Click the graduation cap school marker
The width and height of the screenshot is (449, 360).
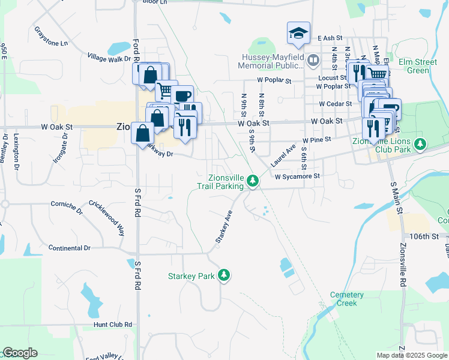298,34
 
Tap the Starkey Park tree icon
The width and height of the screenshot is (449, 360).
224,275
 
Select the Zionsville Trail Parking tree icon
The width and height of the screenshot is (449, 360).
253,180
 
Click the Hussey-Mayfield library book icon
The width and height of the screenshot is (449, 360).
313,60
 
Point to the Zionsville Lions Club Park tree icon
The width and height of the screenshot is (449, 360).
421,144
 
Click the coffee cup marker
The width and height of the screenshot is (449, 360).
182,95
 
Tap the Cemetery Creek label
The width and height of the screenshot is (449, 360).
347,299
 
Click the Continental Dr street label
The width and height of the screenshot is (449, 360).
70,248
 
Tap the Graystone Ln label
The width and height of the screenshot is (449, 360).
51,36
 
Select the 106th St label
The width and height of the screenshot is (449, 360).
425,236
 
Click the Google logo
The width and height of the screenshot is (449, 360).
20,353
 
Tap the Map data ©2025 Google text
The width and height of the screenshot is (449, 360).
412,355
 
